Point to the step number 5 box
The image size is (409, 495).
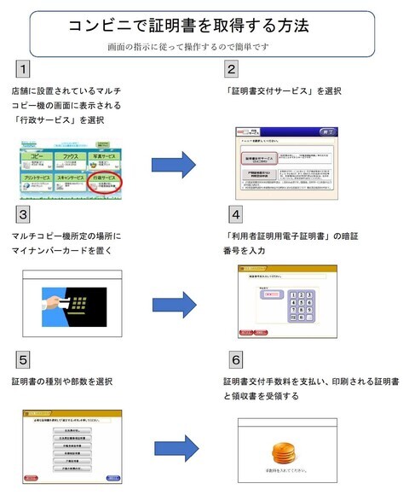click(x=25, y=358)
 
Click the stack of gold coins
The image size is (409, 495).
click(x=281, y=453)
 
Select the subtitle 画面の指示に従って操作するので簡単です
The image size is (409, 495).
click(x=189, y=46)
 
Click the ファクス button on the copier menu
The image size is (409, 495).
click(x=79, y=158)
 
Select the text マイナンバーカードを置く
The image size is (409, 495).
click(x=67, y=251)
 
